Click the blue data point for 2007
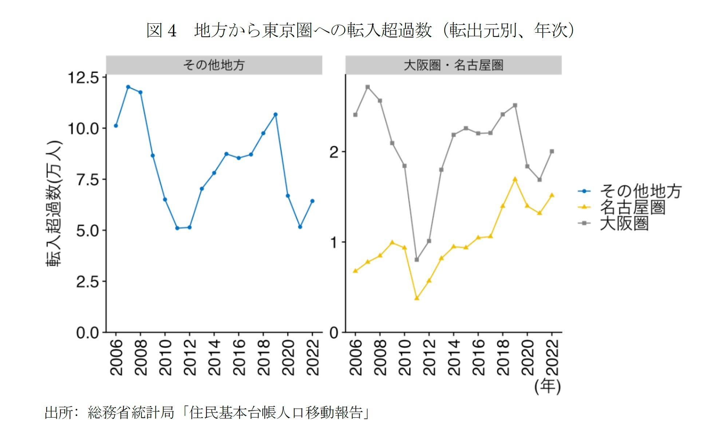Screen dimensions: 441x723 coord(128,87)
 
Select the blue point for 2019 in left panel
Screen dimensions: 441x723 coord(276,115)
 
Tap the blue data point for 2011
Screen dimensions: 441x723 coord(177,228)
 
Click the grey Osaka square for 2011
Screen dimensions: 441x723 coord(417,260)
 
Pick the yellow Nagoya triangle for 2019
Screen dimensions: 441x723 coord(515,180)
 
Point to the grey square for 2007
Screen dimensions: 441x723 coord(368,87)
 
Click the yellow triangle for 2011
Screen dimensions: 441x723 coord(417,298)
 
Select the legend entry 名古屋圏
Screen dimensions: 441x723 coord(633,207)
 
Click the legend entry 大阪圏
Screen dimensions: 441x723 coord(624,223)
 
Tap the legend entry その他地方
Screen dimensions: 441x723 coord(640,191)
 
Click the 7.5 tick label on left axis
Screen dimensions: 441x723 coord(88,180)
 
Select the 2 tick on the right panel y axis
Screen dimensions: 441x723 coord(334,152)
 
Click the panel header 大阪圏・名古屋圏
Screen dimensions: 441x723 coord(453,65)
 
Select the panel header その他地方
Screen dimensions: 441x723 coord(214,65)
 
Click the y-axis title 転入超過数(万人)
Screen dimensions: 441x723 coord(54,203)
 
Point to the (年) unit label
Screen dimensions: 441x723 coord(548,386)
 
